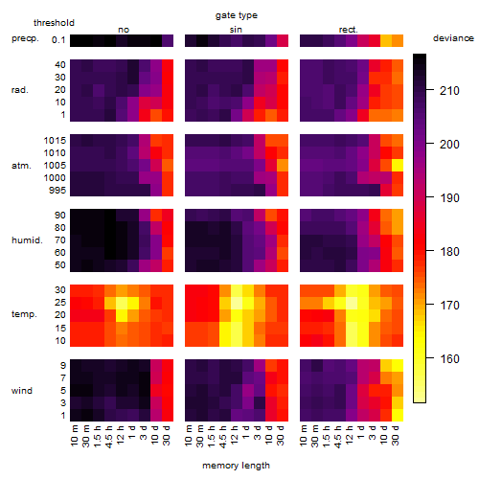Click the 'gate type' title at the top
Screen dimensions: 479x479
237,15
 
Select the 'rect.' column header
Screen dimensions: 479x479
349,30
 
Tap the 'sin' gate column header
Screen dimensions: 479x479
236,30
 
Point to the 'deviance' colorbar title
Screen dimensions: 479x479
453,38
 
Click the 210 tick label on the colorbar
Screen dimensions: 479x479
449,91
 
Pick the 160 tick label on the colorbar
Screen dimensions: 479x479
449,359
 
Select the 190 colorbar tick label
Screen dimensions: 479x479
449,198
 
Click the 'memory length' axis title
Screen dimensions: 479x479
237,466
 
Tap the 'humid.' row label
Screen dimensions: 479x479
27,240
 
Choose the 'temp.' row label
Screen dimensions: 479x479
24,314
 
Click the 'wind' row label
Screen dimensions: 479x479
22,391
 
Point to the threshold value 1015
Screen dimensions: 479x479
55,141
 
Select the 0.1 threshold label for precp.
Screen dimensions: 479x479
58,40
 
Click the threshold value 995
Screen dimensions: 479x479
57,191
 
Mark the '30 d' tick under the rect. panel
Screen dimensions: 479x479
396,436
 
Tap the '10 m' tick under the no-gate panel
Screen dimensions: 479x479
74,436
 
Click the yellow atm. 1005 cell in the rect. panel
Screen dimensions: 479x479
398,166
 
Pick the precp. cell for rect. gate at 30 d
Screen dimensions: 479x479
398,40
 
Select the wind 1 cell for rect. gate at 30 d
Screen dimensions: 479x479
398,415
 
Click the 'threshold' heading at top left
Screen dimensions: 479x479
54,23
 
